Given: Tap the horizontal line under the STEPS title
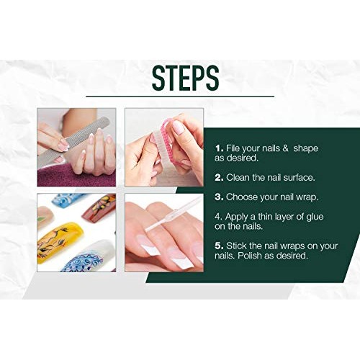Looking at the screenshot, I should coord(180,96).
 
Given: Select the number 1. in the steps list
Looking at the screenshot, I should coord(219,148).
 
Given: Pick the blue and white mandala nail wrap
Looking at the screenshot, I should coord(83,258).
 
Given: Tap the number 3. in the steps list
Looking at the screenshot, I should coord(219,196).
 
